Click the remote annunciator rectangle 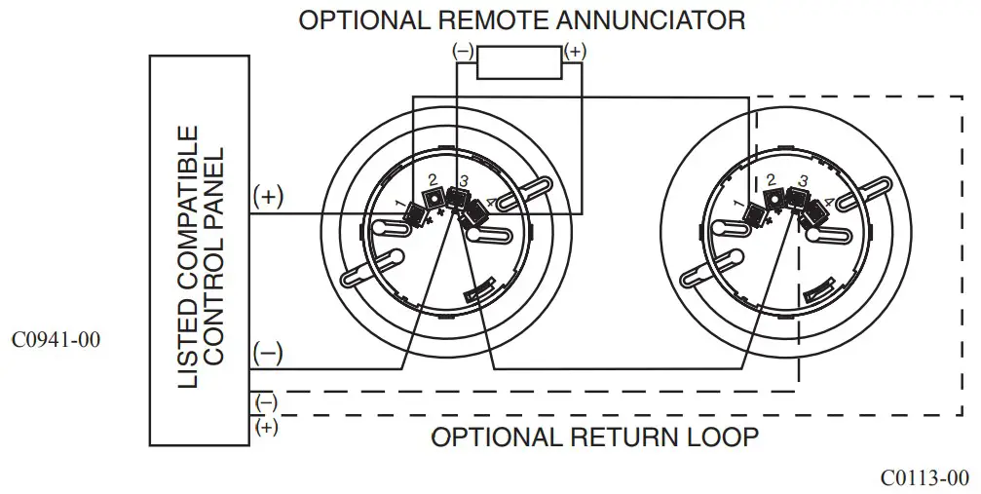(x=518, y=64)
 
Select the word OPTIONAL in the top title (x=356, y=19)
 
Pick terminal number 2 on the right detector (x=771, y=180)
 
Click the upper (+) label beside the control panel (x=268, y=196)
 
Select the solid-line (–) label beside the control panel (x=268, y=353)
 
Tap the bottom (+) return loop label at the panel (x=265, y=426)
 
